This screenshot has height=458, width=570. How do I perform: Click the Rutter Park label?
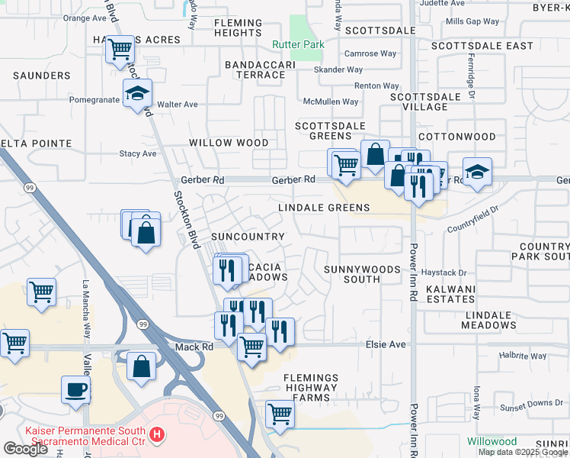[299, 44]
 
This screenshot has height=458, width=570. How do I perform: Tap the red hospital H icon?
[157, 435]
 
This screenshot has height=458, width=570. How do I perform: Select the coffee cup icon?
[76, 389]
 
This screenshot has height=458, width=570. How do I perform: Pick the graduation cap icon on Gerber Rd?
[477, 173]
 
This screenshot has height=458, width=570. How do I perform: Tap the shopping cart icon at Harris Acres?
[120, 51]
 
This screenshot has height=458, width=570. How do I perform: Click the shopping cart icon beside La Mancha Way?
[41, 292]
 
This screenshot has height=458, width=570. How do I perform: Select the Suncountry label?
[248, 237]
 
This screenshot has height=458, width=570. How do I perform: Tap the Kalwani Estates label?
[450, 295]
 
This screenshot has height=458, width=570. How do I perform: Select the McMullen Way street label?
[331, 102]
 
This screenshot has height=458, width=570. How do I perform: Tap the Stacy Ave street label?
[138, 153]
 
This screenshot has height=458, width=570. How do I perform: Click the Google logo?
[25, 449]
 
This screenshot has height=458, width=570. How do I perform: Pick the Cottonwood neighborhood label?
[467, 137]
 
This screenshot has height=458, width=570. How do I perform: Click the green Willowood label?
[492, 441]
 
